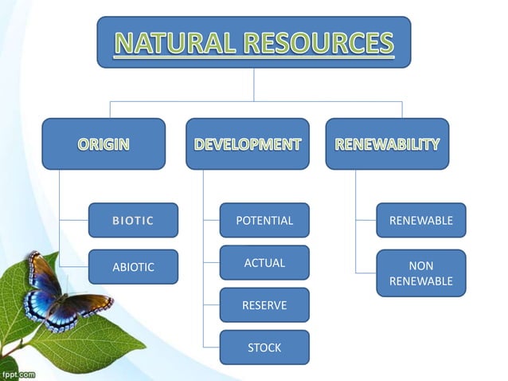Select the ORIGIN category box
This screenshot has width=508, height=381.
(x=104, y=144)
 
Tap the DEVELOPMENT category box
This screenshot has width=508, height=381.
(x=248, y=144)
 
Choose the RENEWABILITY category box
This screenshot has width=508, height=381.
(x=387, y=144)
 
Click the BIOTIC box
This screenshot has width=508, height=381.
(x=133, y=220)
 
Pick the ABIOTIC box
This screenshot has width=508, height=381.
(x=133, y=267)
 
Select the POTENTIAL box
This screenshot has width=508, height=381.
(x=264, y=220)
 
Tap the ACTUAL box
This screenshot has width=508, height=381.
(x=264, y=262)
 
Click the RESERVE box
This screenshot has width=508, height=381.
(x=264, y=304)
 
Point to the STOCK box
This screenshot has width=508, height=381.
(x=264, y=348)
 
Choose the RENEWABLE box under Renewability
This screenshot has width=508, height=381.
(x=420, y=220)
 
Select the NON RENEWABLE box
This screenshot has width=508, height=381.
(x=420, y=273)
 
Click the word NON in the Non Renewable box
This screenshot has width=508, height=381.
(x=420, y=266)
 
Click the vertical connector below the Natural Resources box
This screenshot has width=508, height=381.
(x=254, y=84)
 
